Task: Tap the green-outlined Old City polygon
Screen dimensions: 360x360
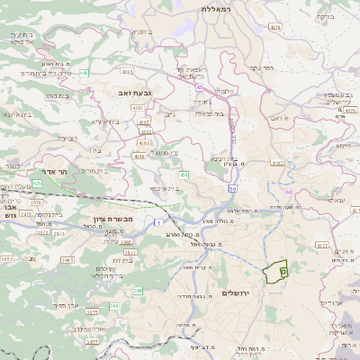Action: (274, 268)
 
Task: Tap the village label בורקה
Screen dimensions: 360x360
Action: (346, 15)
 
